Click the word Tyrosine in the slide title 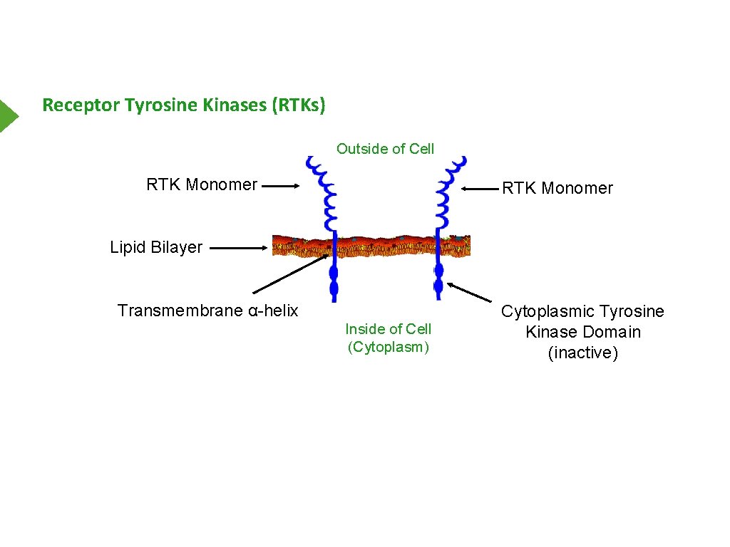click(x=161, y=105)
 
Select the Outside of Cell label click(x=385, y=149)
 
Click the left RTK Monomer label click(x=202, y=184)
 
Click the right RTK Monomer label click(x=557, y=188)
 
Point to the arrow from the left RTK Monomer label click(x=281, y=186)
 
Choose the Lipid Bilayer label click(x=156, y=247)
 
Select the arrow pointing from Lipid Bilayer click(x=239, y=248)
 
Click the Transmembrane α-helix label click(x=207, y=311)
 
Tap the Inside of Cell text click(x=389, y=329)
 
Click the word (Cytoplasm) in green click(x=389, y=347)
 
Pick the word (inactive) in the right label click(x=582, y=353)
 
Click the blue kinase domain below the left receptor click(x=334, y=282)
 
